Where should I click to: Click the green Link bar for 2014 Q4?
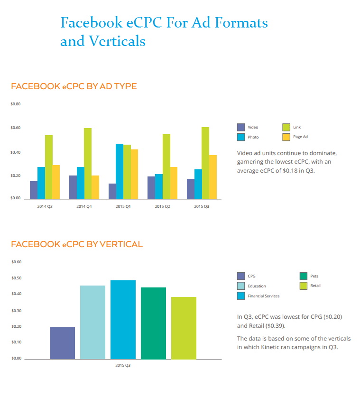[x=88, y=163]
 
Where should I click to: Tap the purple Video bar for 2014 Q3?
[x=34, y=190]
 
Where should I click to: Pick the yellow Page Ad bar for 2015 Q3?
[x=213, y=177]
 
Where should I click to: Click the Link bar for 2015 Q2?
[x=166, y=166]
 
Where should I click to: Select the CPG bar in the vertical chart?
[x=62, y=342]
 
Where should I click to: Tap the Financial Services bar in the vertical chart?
[x=123, y=319]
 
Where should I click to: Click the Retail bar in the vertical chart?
[x=184, y=327]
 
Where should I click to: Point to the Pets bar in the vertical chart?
[x=153, y=323]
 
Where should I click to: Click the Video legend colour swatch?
[x=241, y=127]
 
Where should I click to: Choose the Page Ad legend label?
[x=301, y=137]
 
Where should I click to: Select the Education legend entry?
[x=257, y=286]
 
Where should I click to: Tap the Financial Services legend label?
[x=263, y=296]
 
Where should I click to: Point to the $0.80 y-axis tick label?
[x=15, y=104]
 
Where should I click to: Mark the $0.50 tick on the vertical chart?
[x=16, y=278]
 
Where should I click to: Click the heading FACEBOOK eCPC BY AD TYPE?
[x=74, y=86]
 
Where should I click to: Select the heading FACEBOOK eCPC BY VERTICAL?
[x=76, y=244]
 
